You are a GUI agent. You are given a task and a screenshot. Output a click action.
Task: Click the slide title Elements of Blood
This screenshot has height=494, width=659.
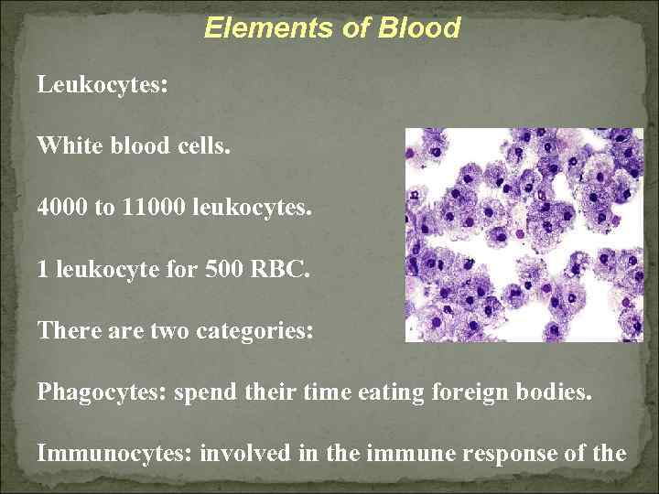pos(331,28)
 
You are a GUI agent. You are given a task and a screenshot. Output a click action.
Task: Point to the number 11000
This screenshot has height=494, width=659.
pos(150,208)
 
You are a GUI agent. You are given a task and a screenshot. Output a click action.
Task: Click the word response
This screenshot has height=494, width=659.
pos(513,453)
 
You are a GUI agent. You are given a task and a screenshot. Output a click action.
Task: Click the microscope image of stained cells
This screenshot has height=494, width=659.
pos(524,234)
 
